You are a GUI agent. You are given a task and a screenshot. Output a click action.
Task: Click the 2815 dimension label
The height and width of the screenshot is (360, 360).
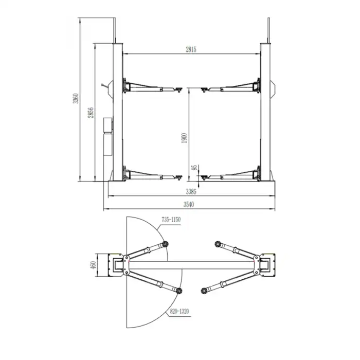tap(191, 49)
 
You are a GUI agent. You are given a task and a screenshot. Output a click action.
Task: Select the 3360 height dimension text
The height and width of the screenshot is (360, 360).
tap(76, 98)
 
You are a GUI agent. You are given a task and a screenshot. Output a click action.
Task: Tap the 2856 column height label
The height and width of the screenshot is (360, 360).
tap(91, 113)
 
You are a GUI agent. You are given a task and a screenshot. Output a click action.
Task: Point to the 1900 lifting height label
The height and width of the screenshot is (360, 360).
tap(184, 138)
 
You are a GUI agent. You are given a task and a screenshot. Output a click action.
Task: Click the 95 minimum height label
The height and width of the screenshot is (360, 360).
tap(194, 167)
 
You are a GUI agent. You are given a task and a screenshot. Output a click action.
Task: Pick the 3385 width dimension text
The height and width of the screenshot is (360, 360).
tap(191, 191)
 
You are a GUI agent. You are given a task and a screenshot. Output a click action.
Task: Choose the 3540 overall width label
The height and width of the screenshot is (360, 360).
tap(189, 204)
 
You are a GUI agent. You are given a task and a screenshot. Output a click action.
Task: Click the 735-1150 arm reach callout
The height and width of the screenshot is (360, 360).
tap(171, 220)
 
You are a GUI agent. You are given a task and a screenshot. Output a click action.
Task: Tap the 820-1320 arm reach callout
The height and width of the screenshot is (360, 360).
tap(179, 311)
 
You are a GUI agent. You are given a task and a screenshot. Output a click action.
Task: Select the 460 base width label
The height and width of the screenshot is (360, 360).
tap(93, 265)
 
